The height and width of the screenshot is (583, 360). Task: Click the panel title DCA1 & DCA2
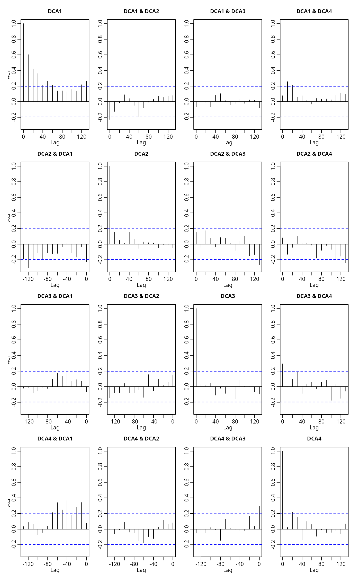click(141, 11)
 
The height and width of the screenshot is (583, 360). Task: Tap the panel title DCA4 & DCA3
click(228, 439)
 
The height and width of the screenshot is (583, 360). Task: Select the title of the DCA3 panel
click(228, 296)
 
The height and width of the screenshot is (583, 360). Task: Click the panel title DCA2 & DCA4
click(314, 154)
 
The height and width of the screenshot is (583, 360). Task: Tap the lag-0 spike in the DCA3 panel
click(196, 348)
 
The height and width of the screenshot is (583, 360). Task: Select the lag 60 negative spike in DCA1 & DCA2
click(139, 109)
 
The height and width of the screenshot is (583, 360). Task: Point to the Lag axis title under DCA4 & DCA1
click(55, 570)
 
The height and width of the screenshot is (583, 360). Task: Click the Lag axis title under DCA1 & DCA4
click(314, 143)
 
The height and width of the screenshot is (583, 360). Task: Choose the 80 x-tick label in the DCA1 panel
click(62, 137)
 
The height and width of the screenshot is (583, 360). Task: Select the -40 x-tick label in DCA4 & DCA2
click(153, 564)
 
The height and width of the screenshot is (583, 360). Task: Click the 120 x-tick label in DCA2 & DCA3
click(255, 279)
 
